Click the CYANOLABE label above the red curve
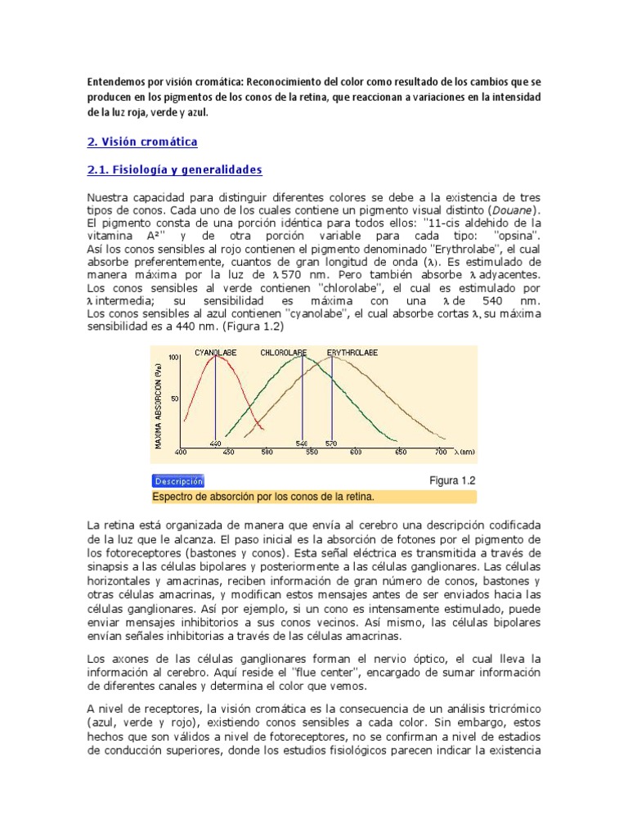pos(216,353)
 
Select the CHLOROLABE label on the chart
pos(283,353)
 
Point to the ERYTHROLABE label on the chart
pos(352,353)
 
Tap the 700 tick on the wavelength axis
pos(440,452)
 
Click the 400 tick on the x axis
pos(182,452)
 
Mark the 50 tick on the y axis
pos(173,399)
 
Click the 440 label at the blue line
pos(216,444)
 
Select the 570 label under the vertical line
pos(332,444)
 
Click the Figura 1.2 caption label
pos(452,480)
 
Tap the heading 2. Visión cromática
pos(142,142)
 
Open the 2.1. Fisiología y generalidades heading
pos(174,169)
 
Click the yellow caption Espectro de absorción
pos(263,497)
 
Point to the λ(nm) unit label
pos(464,452)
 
